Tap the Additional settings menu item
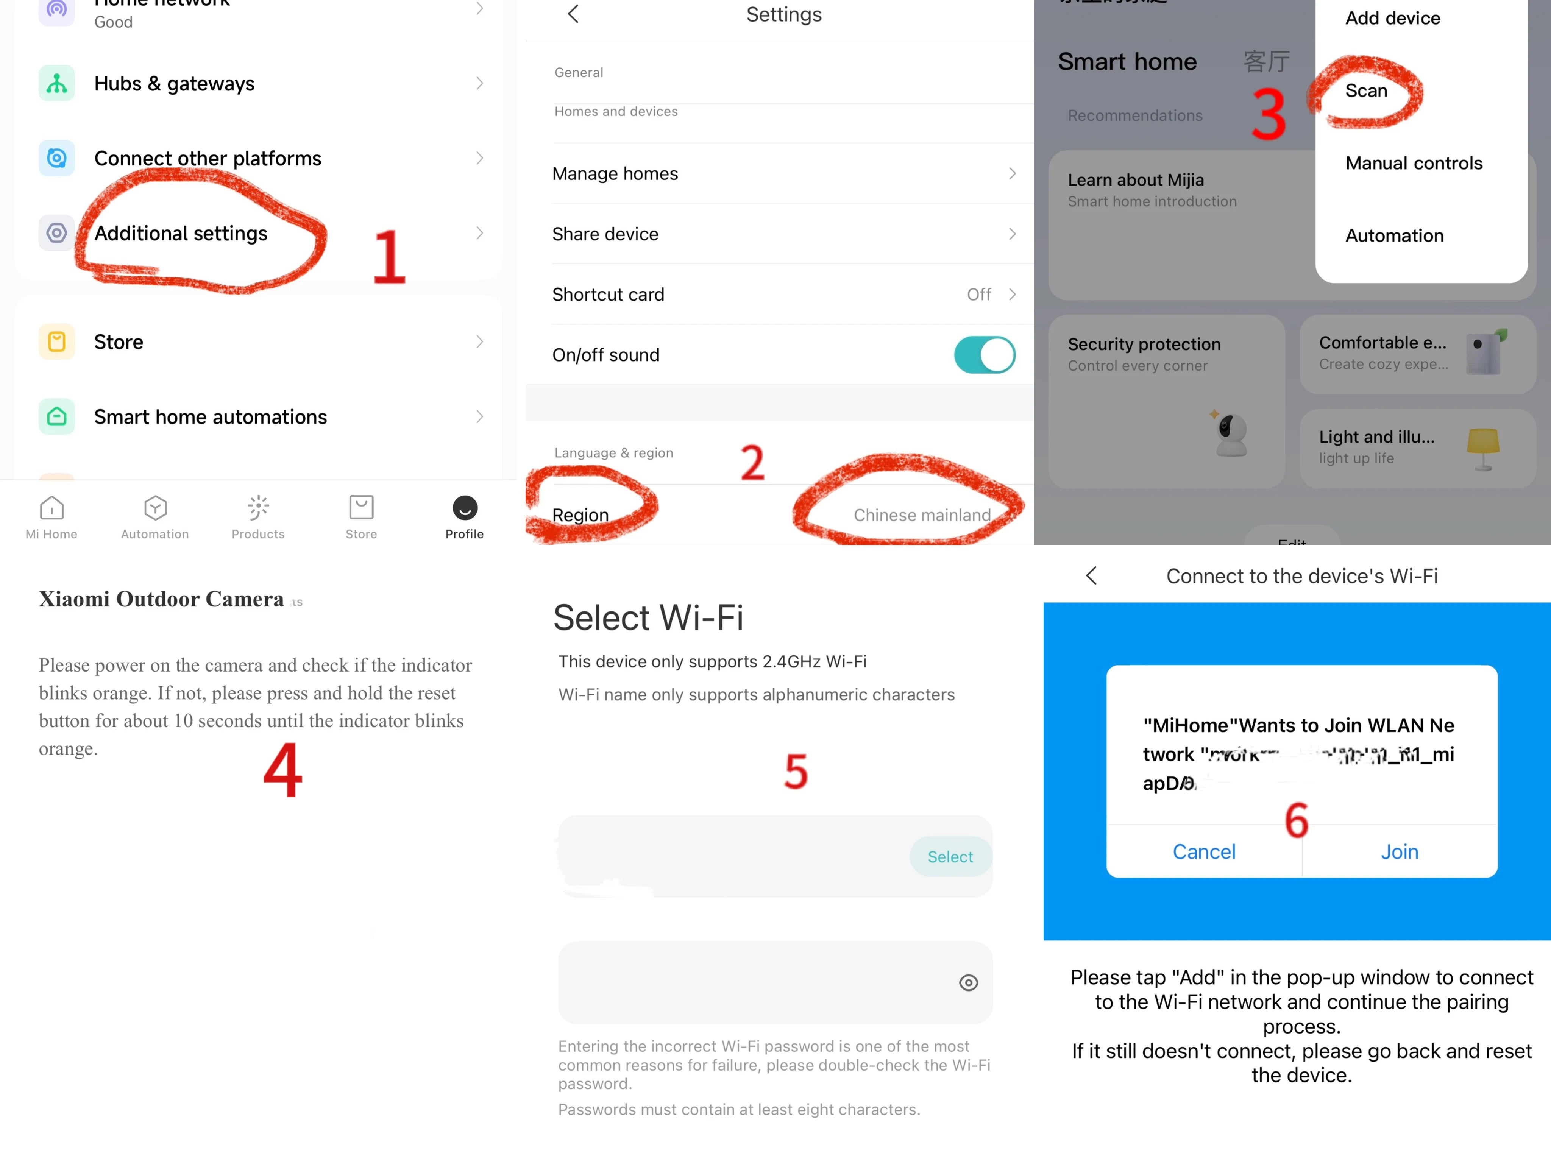click(181, 234)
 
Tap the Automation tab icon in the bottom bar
click(155, 508)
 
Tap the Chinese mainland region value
click(921, 515)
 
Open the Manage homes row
click(783, 174)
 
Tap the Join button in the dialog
click(1399, 852)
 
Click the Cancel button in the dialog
click(1204, 852)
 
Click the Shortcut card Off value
click(979, 295)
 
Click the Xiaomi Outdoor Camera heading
click(161, 599)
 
